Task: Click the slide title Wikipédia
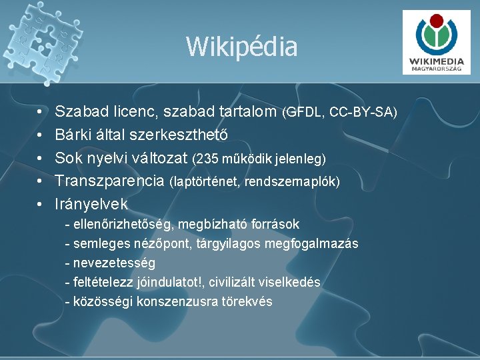(x=241, y=47)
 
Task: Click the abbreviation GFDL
(x=305, y=112)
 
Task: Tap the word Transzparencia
(x=109, y=181)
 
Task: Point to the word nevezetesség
(x=114, y=263)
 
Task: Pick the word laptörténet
(x=205, y=181)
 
